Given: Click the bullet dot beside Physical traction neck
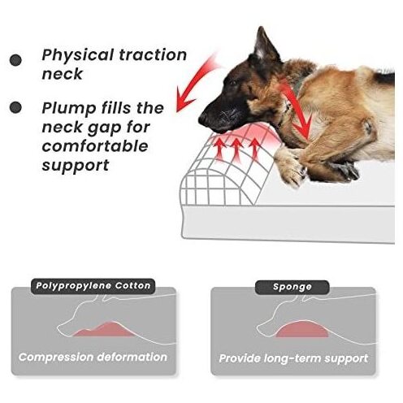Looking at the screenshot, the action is pos(15,60).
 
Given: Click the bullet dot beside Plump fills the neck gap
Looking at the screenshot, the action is pos(15,107).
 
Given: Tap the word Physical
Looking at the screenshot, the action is pos(77,56).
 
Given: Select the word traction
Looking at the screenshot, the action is pos(153,55).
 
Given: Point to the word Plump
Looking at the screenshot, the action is pos(69,109).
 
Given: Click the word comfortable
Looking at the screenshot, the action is pos(95,146).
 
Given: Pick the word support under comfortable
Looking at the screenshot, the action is pos(76,166).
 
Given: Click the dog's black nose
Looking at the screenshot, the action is pos(202,119).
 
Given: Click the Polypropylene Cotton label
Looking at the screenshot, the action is pos(93,286).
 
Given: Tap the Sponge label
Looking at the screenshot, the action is pos(292,287).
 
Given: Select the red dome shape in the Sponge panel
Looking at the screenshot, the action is pos(301,329).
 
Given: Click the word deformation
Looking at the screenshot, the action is pos(132,357).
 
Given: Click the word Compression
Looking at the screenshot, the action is pos(56,357).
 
